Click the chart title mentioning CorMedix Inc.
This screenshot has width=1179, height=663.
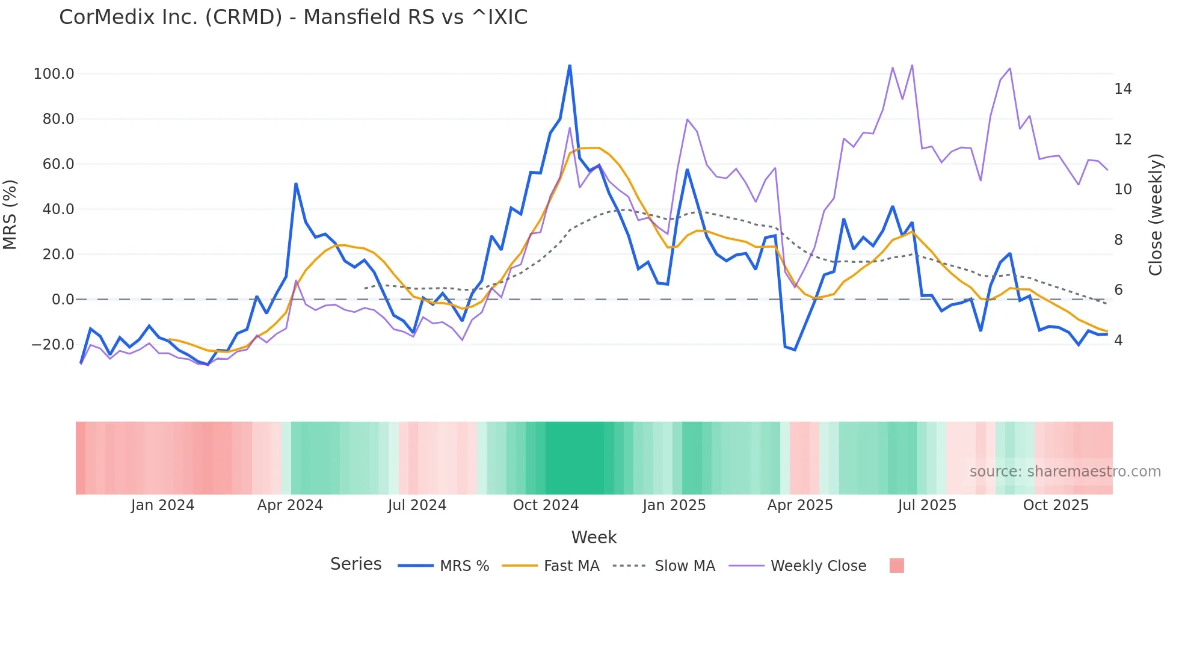click(293, 17)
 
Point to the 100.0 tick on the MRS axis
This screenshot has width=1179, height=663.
click(54, 74)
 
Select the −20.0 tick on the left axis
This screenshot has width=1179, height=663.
click(53, 345)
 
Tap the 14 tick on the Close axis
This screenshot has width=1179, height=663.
click(1122, 89)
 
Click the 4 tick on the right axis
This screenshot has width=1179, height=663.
click(1118, 341)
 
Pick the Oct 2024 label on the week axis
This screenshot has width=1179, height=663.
click(546, 505)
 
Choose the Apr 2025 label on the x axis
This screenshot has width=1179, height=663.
click(800, 505)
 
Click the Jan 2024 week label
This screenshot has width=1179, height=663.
click(162, 505)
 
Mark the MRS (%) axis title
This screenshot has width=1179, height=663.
click(10, 215)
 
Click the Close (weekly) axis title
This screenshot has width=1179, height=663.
click(1156, 215)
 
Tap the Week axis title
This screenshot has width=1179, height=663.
click(594, 537)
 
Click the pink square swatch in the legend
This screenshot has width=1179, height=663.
click(896, 566)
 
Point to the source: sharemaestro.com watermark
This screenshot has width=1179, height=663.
click(1065, 472)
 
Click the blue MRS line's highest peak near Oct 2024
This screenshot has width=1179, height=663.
click(570, 66)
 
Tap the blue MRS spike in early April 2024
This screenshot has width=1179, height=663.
click(296, 184)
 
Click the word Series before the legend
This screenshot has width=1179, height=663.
click(356, 564)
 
